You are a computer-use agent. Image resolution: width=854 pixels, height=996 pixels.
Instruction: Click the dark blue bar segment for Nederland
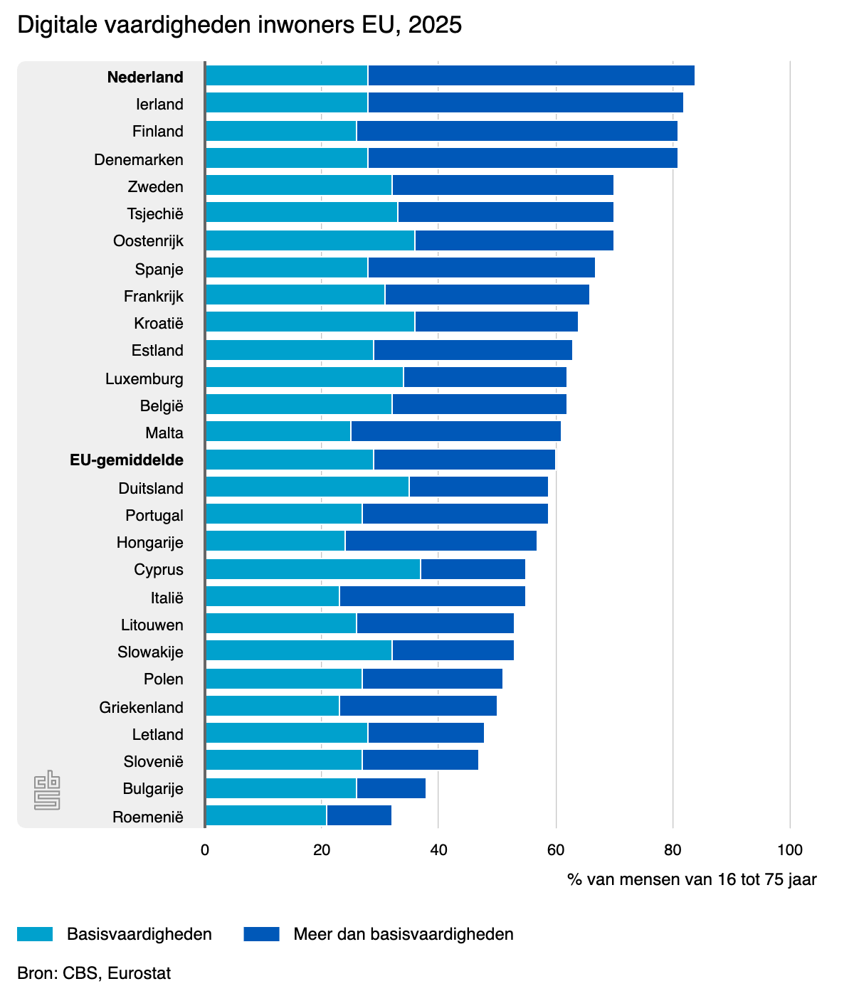pos(531,75)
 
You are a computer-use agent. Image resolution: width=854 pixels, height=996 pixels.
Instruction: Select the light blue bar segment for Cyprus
pos(312,569)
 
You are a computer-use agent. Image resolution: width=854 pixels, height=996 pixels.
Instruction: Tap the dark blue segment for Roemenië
pos(359,815)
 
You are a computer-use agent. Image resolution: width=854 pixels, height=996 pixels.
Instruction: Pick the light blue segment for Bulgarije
pos(280,788)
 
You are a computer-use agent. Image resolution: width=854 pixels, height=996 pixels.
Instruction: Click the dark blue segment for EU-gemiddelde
pos(464,460)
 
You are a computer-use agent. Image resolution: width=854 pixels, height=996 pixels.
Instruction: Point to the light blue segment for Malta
pos(278,431)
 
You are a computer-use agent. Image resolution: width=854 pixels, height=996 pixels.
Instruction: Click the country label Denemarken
pos(139,159)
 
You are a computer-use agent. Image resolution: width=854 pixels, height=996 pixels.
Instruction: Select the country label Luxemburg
pos(144,378)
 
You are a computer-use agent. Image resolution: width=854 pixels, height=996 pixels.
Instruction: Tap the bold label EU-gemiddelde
pos(127,460)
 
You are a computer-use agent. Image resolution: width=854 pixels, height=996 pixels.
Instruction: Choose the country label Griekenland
pos(142,707)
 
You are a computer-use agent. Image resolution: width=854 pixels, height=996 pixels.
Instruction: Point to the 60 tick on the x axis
pos(556,849)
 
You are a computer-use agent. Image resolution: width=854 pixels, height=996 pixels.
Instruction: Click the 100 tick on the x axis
pos(790,849)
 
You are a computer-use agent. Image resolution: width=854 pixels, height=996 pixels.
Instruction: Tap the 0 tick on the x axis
pos(205,849)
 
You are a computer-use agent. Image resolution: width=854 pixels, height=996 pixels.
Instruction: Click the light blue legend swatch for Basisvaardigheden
pos(35,934)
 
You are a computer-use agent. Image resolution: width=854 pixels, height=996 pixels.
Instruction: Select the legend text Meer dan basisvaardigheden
pos(404,934)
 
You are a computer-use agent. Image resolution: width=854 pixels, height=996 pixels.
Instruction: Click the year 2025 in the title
pos(435,25)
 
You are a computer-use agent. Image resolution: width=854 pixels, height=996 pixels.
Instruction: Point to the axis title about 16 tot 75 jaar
pos(692,879)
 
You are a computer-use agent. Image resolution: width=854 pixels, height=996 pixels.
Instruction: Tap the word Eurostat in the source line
pos(139,973)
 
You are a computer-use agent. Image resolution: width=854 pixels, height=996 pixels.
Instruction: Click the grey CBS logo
pos(47,790)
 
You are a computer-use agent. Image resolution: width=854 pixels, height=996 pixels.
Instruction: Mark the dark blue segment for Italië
pos(432,596)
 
